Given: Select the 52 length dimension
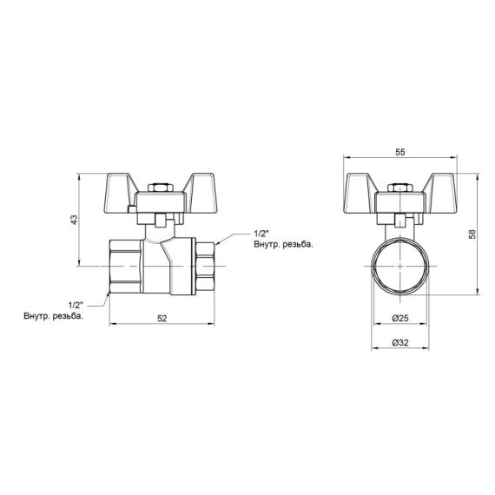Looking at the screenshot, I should (x=162, y=319).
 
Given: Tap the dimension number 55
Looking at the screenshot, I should (x=400, y=152).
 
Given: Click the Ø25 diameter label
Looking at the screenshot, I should (x=400, y=319).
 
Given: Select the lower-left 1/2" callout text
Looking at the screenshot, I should (x=75, y=304).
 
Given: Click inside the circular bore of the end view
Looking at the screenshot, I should (x=400, y=264).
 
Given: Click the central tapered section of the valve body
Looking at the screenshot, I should (x=162, y=261).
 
